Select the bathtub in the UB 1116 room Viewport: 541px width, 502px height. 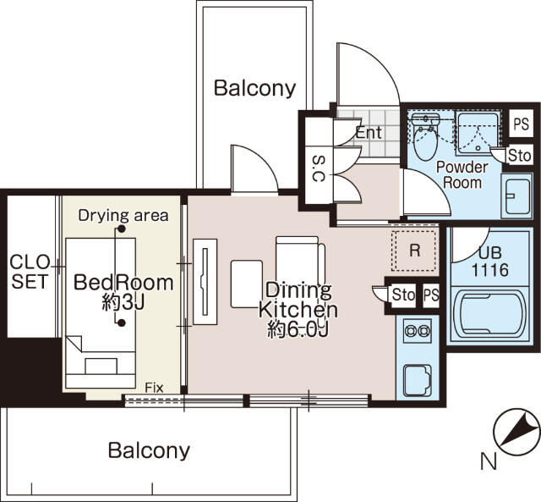[x=490, y=315]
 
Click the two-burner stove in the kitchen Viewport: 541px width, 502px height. [x=418, y=331]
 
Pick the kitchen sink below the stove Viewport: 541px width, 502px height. [x=418, y=380]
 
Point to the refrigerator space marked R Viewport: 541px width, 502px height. [x=414, y=251]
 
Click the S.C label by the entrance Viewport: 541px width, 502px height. [x=318, y=168]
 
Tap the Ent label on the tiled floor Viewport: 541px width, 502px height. [x=369, y=133]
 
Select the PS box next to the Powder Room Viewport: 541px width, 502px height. [x=521, y=124]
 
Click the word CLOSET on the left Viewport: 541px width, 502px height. [x=30, y=272]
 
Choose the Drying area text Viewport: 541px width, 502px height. [x=123, y=216]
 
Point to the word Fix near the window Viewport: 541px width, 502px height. [x=154, y=388]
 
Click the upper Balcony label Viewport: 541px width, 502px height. [x=255, y=88]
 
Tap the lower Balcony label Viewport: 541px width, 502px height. [x=149, y=450]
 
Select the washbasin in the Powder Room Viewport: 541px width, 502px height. [x=516, y=196]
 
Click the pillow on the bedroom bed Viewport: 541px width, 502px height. [x=101, y=366]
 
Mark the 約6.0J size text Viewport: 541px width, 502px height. [x=298, y=329]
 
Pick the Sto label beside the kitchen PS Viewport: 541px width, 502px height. [x=403, y=295]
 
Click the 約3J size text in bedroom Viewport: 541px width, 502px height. [x=123, y=303]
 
